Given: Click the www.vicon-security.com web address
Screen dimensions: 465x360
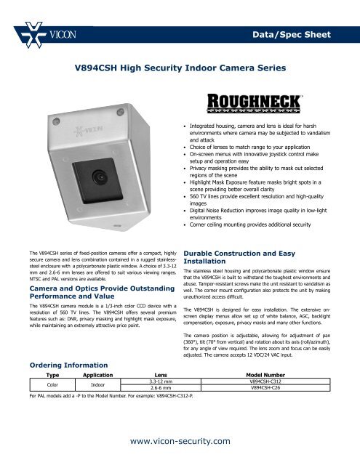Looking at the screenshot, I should (179, 440).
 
